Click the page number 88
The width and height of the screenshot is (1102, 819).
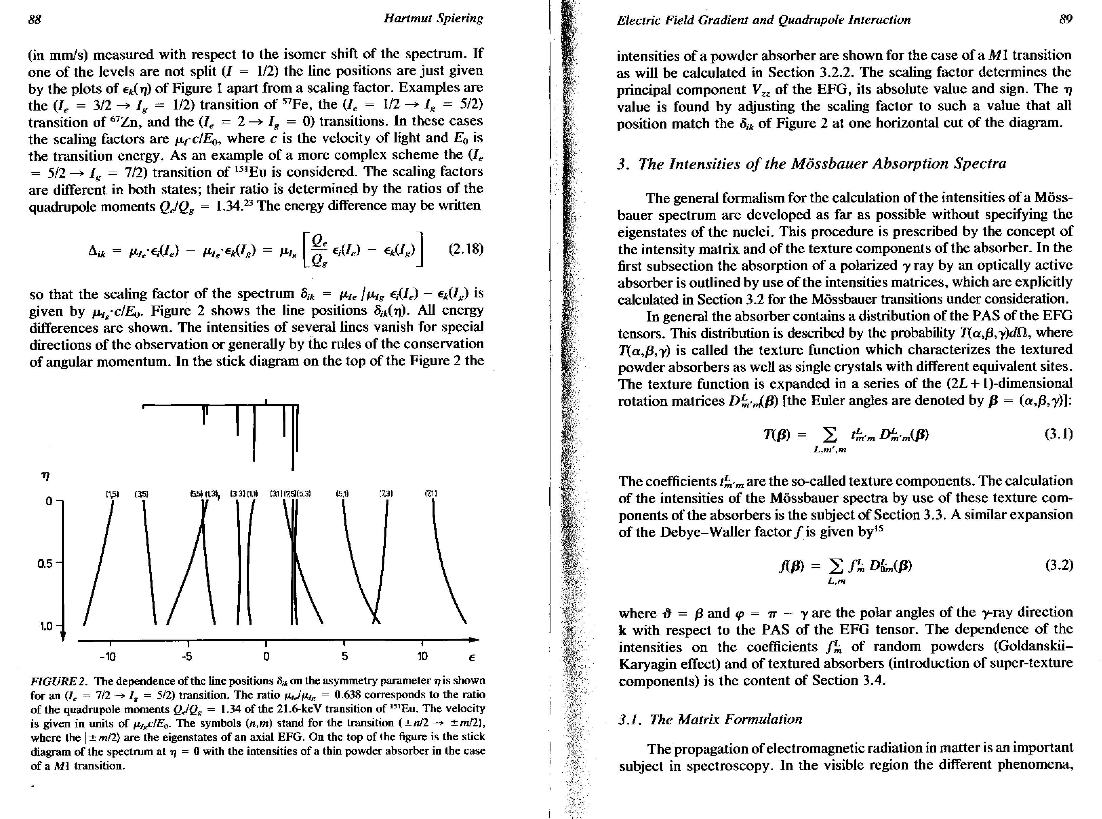(34, 19)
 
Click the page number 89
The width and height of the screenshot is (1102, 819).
(1065, 19)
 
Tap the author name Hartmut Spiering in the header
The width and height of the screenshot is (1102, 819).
(433, 18)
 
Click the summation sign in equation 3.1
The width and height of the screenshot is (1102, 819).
(829, 436)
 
